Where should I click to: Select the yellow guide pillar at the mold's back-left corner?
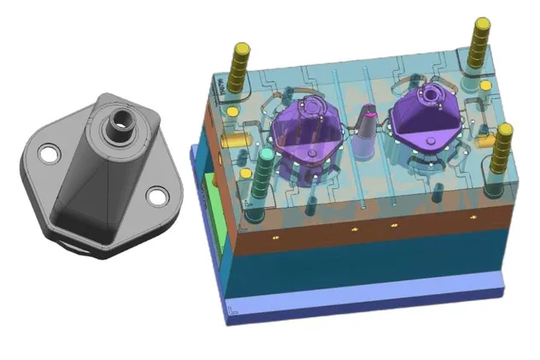coord(239,62)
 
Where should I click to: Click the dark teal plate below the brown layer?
coord(367,265)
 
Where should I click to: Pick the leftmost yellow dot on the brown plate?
coord(277,233)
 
